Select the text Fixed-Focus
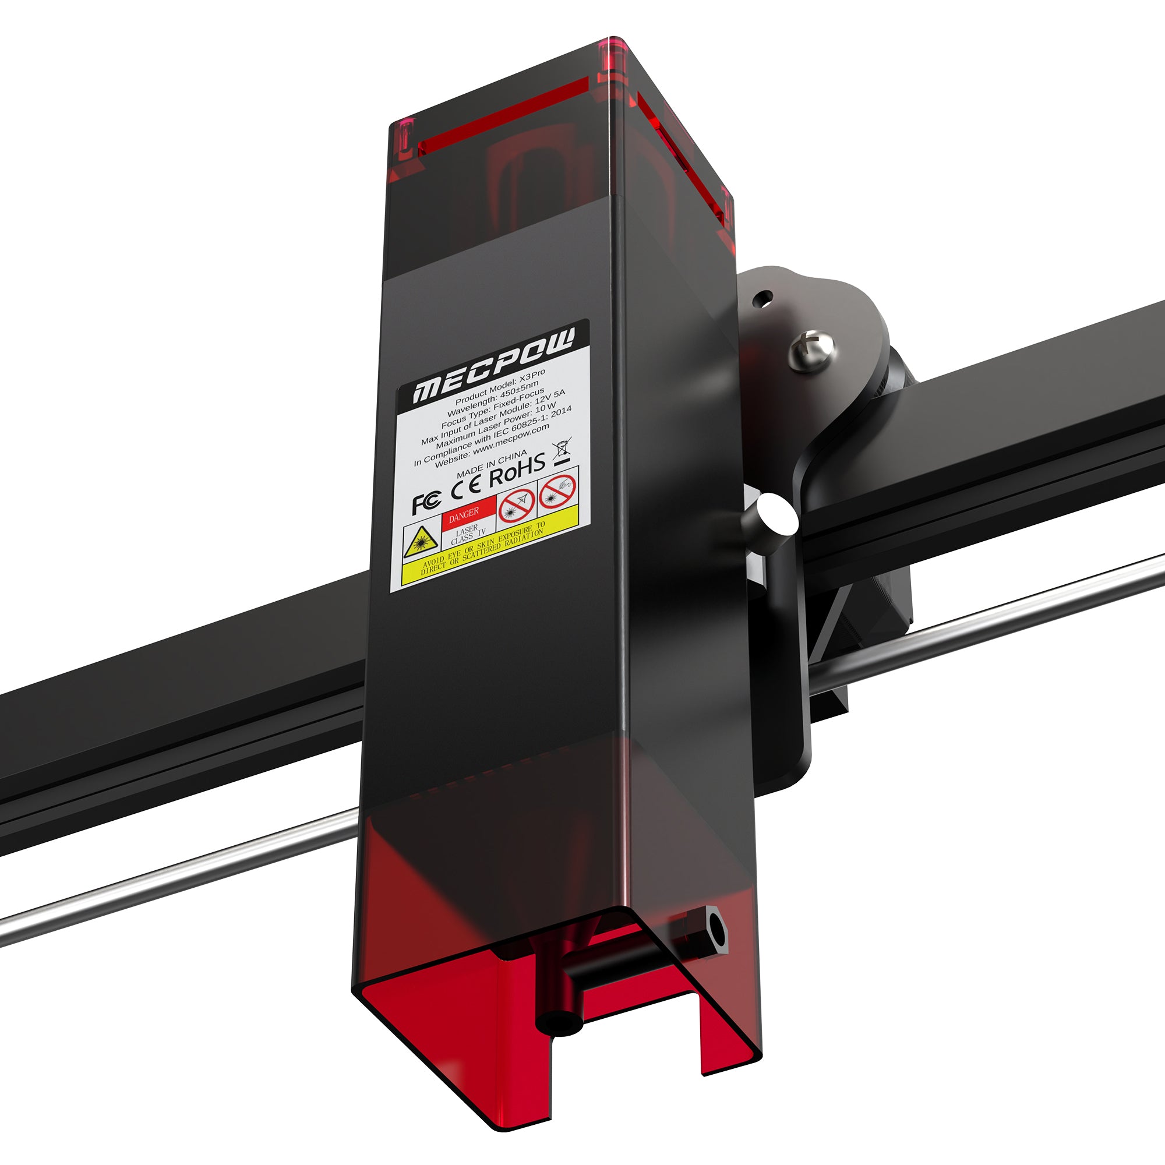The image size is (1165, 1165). [x=519, y=400]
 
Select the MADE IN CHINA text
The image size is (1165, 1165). [x=492, y=464]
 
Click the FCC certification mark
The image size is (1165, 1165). [x=426, y=503]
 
